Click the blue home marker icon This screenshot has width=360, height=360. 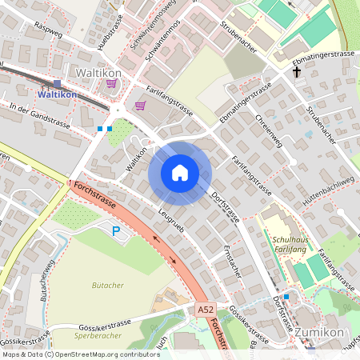point(180,173)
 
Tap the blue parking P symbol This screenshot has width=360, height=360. point(116,231)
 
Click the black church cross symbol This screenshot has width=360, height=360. point(297,72)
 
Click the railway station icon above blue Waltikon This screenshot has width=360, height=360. point(57,83)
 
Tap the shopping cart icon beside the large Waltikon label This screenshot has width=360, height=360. point(111,83)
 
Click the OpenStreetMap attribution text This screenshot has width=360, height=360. point(81,354)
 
